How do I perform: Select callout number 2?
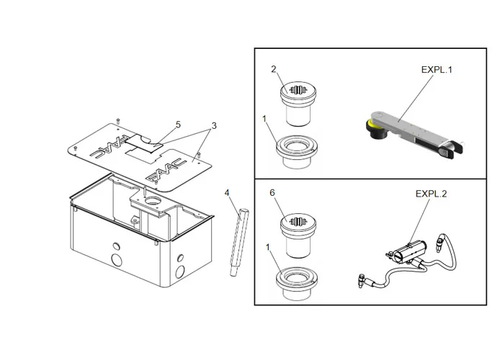click(x=273, y=69)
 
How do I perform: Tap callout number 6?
click(x=273, y=193)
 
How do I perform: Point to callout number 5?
click(x=178, y=124)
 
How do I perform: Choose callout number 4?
click(x=227, y=193)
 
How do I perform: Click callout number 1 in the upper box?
click(x=264, y=117)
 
